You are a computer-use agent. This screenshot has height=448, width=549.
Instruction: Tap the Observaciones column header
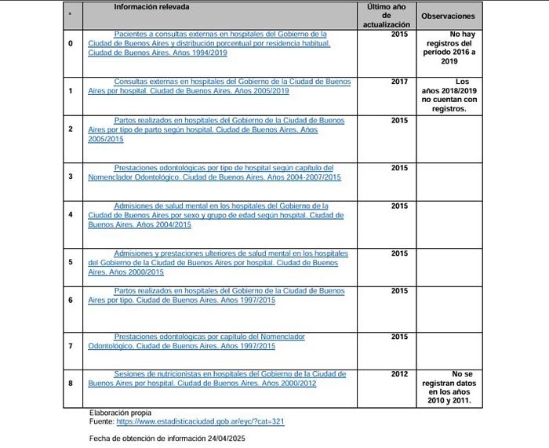point(448,16)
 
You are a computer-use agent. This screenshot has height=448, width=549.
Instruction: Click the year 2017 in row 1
point(399,81)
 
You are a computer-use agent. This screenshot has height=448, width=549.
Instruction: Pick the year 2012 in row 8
point(399,374)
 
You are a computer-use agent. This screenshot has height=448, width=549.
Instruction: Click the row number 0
point(71,43)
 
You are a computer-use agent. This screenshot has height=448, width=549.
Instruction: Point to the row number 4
point(71,214)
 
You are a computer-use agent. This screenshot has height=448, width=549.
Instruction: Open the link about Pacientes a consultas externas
point(209,43)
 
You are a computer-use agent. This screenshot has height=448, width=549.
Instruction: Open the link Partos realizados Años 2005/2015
point(216,129)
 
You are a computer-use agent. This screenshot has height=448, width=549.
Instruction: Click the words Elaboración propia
point(120,413)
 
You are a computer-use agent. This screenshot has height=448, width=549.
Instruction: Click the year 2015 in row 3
point(399,168)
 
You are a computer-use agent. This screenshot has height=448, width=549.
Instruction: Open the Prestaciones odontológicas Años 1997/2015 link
point(196,341)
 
